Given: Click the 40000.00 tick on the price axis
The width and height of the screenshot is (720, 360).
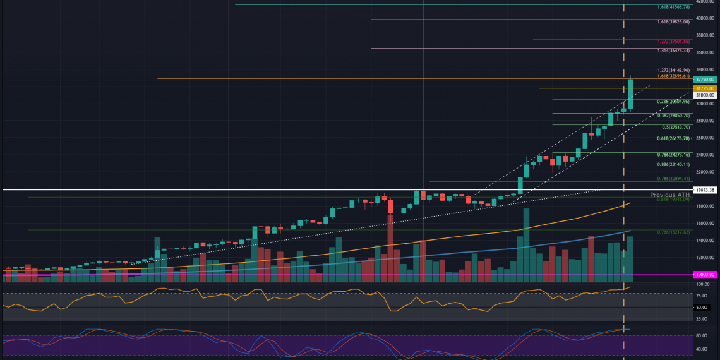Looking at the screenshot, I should [705, 18].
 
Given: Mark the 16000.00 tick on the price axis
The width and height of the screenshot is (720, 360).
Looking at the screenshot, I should [705, 223].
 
